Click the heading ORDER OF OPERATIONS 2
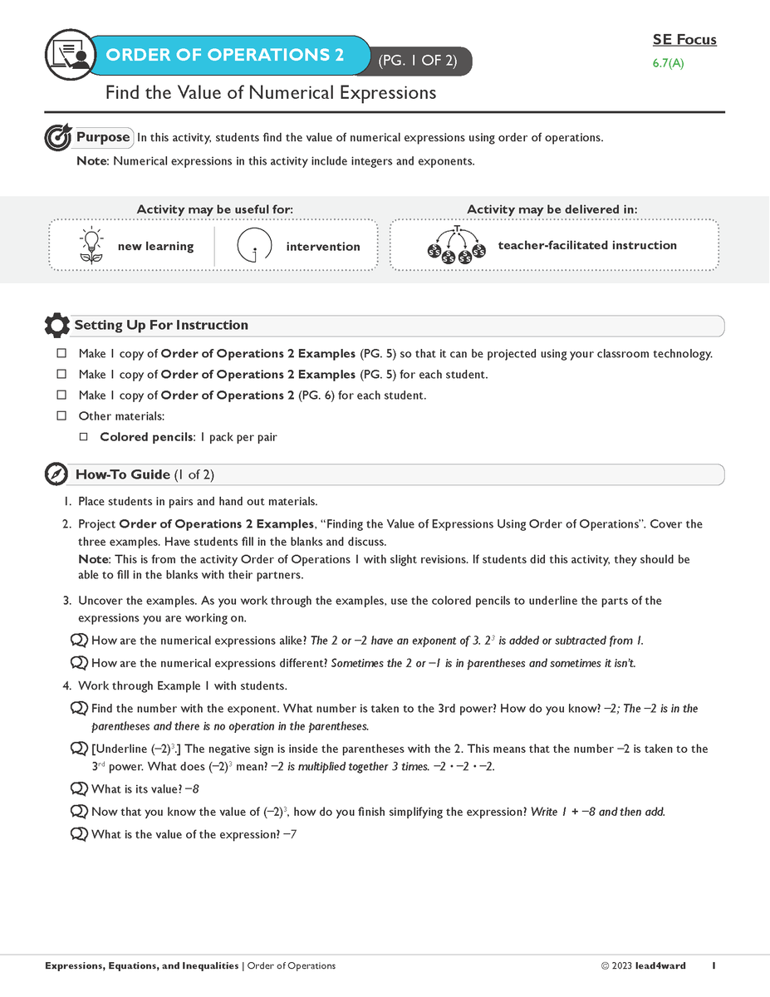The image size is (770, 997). (224, 56)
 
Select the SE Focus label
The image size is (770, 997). (684, 40)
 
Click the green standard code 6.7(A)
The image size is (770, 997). (668, 63)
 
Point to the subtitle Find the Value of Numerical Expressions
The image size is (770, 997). (270, 93)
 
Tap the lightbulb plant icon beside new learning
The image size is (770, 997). (90, 246)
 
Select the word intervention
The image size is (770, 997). (322, 247)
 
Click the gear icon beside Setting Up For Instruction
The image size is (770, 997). (56, 326)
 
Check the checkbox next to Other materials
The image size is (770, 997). (61, 415)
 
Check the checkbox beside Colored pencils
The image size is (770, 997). (83, 436)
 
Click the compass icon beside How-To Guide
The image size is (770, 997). (56, 474)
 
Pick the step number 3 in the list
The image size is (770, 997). (67, 601)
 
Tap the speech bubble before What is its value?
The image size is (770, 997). (80, 789)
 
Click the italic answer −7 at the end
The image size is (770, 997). (290, 834)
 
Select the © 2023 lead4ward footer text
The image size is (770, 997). (643, 966)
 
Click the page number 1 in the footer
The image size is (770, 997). (714, 966)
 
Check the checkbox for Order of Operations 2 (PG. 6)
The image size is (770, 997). (61, 395)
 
